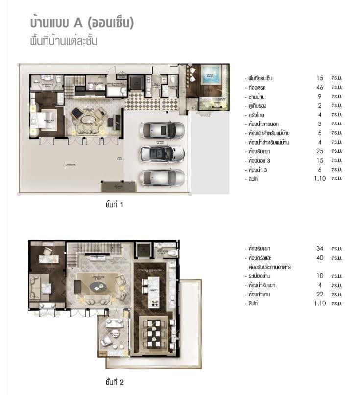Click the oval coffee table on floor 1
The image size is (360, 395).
[x=89, y=120]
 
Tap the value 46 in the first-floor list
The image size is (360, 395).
[x=320, y=87]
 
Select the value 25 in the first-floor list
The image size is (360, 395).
[x=320, y=151]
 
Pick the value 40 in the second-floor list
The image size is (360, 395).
[x=320, y=258]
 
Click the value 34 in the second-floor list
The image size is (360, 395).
[x=320, y=248]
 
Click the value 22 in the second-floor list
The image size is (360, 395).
[x=320, y=294]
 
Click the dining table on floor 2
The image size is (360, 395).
[x=155, y=333]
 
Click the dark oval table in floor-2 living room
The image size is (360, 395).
[x=95, y=285]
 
